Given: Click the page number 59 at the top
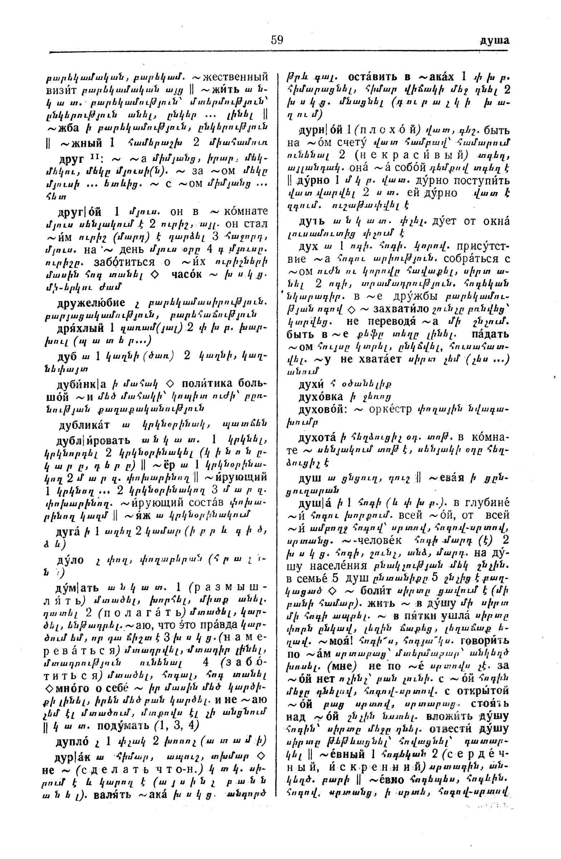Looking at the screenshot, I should (x=277, y=40).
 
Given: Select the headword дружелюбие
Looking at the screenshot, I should (x=91, y=302).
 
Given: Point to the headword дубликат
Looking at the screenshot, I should (x=84, y=425).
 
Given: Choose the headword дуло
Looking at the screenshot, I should (x=70, y=560).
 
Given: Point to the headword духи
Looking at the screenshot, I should (x=311, y=384).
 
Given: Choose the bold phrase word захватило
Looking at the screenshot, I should (x=400, y=309).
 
